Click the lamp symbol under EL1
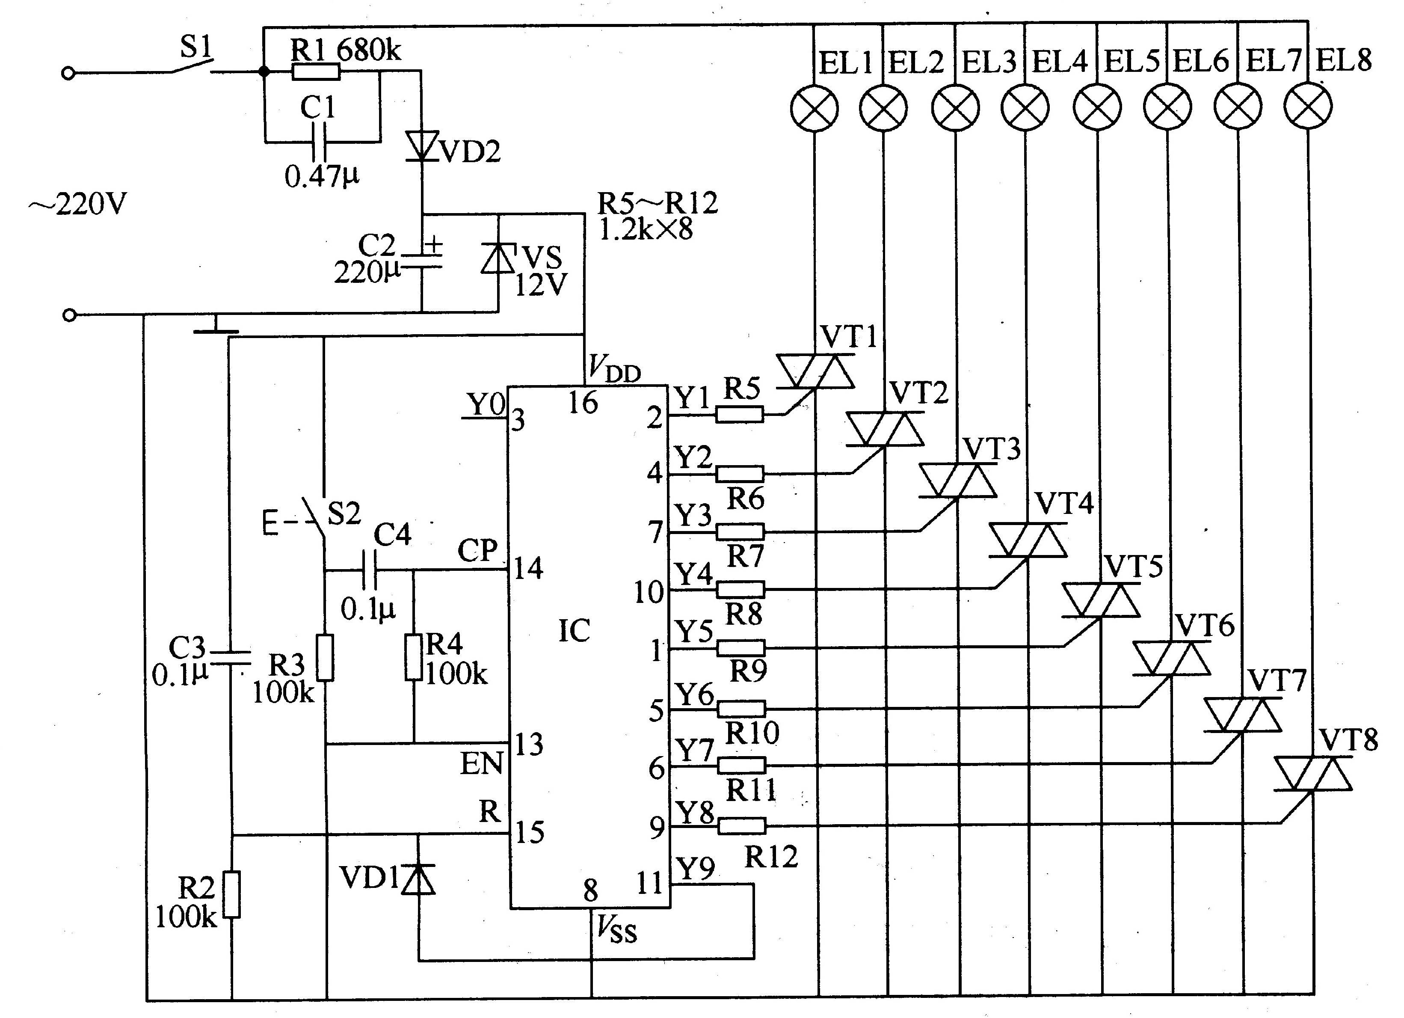(814, 108)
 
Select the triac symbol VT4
(1028, 540)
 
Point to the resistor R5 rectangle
(740, 414)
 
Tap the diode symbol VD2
(422, 146)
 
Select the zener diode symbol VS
(498, 259)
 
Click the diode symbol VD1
(418, 879)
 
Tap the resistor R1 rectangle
(316, 72)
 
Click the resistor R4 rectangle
(414, 657)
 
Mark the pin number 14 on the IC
(528, 568)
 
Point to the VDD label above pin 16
(613, 368)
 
